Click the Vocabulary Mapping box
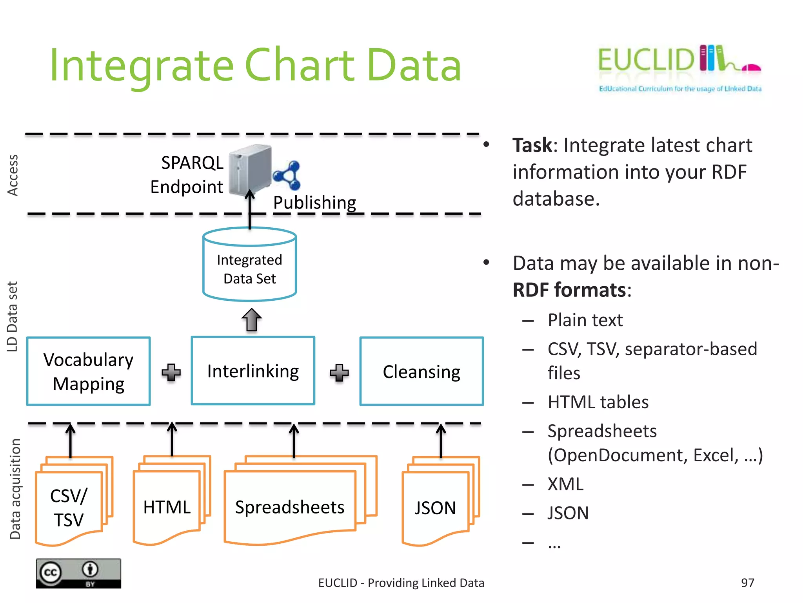coord(89,371)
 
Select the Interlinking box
coord(253,371)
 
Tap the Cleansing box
coord(421,371)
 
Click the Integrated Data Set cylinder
coord(250,265)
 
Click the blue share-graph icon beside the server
coord(287,175)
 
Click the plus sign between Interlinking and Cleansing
coord(339,373)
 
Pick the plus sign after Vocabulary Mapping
coord(171,372)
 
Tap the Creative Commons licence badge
coord(78,573)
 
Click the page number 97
coord(747,583)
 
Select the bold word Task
coord(532,145)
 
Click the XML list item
coord(565,484)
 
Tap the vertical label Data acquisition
coord(15,489)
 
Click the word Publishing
coord(314,203)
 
